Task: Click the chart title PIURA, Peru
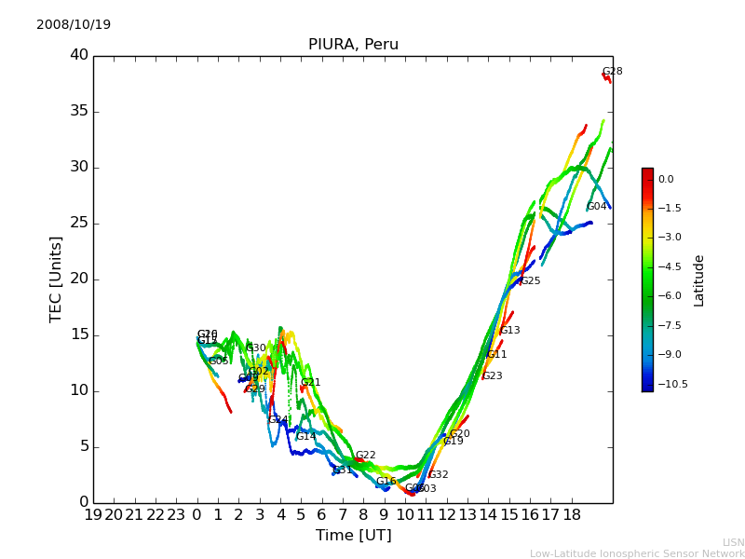point(353,45)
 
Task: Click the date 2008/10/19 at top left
point(74,24)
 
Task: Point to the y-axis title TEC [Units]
point(56,279)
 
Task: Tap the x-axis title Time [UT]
point(353,536)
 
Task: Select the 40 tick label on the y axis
point(79,55)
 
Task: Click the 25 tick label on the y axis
point(79,223)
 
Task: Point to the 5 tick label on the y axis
point(83,446)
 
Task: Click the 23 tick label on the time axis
point(176,514)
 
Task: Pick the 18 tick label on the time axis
point(572,514)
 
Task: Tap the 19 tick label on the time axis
point(93,514)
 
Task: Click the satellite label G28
point(613,72)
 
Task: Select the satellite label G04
point(597,207)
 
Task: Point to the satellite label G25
point(531,281)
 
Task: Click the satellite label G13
point(510,331)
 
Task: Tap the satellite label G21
point(311,383)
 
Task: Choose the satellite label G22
point(366,456)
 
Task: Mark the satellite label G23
point(493,376)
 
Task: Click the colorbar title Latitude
point(699,279)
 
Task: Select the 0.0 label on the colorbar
point(666,179)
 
